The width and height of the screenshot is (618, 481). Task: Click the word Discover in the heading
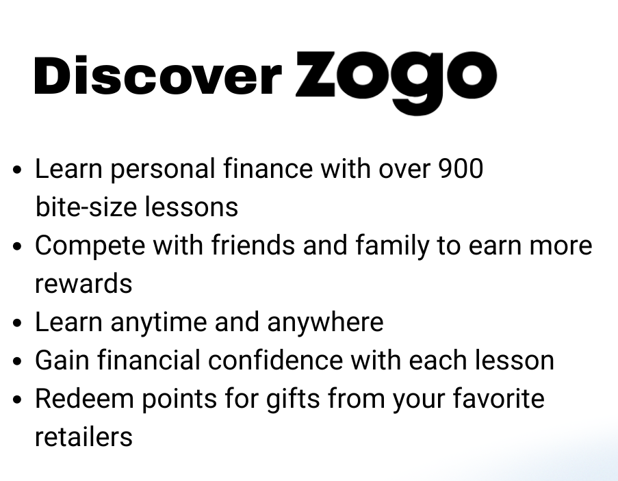[x=158, y=75]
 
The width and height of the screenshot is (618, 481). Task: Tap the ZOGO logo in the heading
[x=396, y=82]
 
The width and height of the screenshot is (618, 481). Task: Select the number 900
[x=461, y=168]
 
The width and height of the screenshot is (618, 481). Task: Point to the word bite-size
[x=86, y=207]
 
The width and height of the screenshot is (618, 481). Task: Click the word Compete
[x=90, y=246]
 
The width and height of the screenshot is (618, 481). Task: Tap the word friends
[x=253, y=245]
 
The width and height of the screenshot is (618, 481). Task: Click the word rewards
[x=83, y=283]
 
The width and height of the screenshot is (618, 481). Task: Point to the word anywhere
[x=325, y=323]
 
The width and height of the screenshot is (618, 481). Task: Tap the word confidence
[x=275, y=360]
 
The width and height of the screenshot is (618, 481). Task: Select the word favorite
[x=499, y=398]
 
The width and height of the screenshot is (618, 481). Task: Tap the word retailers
[x=83, y=437]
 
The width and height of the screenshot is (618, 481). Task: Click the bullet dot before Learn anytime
[x=17, y=323]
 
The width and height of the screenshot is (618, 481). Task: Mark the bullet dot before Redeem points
[x=17, y=400]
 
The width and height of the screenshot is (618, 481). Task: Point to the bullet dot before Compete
[x=17, y=246]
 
